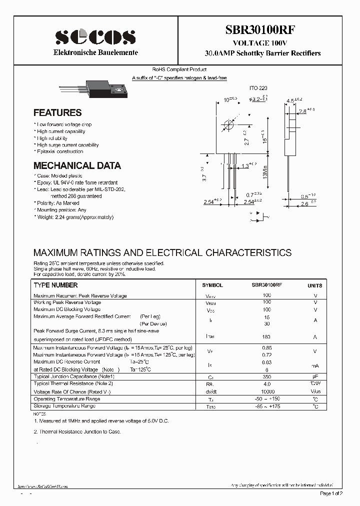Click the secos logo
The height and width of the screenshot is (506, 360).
pos(95,36)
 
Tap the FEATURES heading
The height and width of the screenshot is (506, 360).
pos(57,113)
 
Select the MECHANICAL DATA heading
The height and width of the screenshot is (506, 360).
pos(77,165)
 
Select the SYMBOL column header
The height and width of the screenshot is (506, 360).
pos(212,285)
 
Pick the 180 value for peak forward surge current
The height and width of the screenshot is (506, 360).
pos(266,337)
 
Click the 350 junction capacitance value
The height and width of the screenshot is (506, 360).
pos(266,376)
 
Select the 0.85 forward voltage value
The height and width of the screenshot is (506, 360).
pos(267,347)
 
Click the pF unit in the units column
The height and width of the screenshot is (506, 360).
pos(315,376)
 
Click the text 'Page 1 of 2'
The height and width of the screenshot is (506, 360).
pos(331,493)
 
